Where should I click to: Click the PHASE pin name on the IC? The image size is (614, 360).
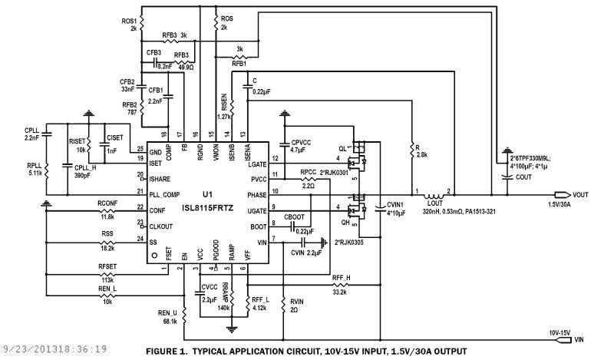point(256,195)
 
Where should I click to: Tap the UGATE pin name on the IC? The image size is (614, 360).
point(256,210)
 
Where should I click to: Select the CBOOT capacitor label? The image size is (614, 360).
point(295,218)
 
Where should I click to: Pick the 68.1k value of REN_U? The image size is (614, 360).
point(168,322)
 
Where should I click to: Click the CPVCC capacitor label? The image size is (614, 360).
point(300,144)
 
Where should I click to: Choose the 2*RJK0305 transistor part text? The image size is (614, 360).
point(350,243)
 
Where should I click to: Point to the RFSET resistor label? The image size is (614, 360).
point(108,266)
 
